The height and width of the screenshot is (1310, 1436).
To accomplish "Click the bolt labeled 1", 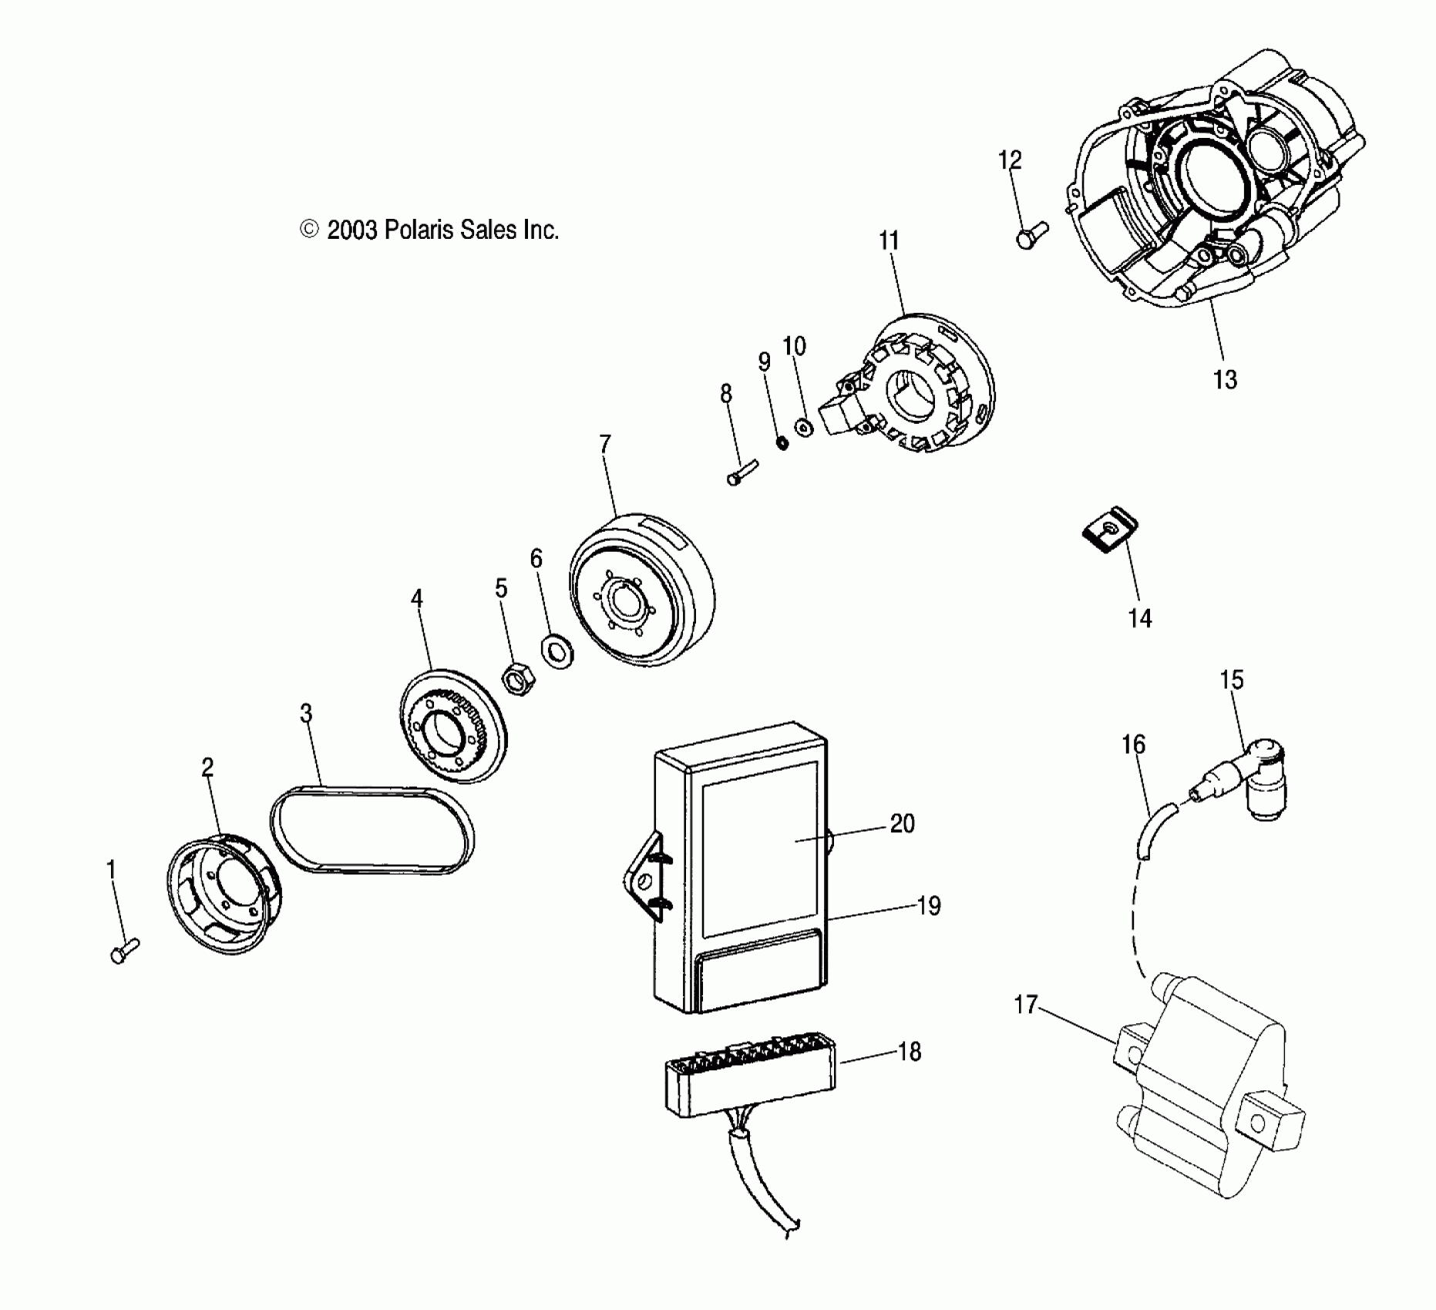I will click(x=123, y=950).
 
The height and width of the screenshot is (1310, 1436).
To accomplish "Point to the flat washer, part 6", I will click(x=557, y=651).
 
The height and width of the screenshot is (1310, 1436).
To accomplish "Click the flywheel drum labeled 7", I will click(x=641, y=589).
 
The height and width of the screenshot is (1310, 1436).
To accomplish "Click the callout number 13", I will click(x=1224, y=380).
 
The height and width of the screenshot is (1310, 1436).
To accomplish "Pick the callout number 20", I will click(x=902, y=824).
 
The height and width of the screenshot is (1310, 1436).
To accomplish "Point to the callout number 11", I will click(x=889, y=241).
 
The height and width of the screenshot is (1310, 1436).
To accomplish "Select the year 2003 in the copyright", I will click(x=351, y=230).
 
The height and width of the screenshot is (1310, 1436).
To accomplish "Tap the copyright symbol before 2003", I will click(x=309, y=230).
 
